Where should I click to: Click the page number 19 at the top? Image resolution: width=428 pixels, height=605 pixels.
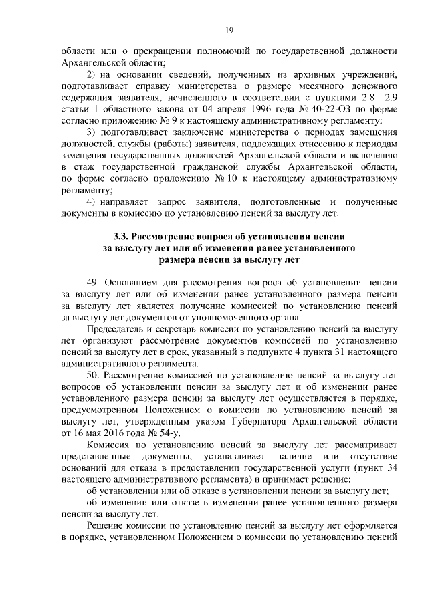click(x=229, y=30)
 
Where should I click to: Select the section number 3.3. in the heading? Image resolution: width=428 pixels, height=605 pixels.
click(x=122, y=236)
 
